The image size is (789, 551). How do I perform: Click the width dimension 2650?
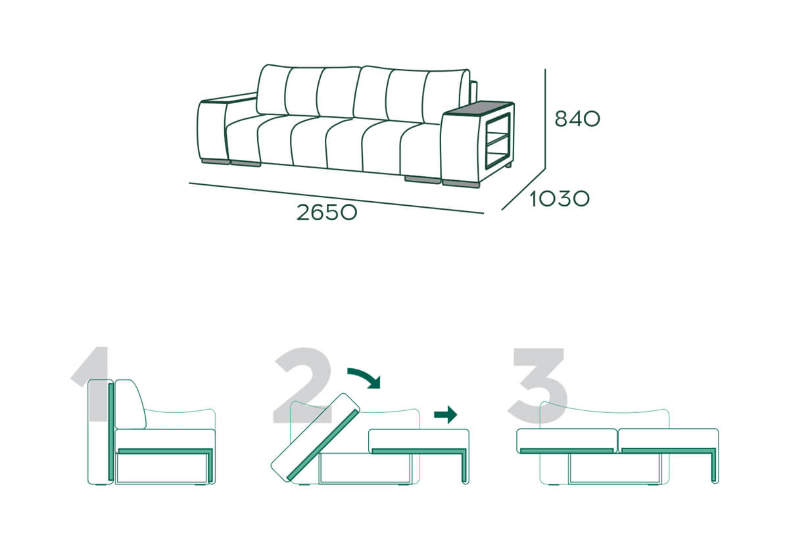327,212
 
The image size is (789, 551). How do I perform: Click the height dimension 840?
577,119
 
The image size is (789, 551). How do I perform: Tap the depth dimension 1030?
560,199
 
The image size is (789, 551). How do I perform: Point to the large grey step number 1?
92,384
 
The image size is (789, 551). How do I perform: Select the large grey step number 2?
303,385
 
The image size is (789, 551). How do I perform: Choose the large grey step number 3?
538,385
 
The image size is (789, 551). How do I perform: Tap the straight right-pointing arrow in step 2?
446,414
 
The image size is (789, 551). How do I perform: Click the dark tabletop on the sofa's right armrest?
479,108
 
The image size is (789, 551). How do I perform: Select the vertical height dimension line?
545,119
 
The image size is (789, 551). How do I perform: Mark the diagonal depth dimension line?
523,189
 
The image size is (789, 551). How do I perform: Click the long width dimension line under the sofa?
336,198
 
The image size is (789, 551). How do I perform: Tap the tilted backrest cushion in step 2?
316,437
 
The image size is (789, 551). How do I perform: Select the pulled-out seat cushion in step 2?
419,441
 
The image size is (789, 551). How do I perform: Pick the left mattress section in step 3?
567,441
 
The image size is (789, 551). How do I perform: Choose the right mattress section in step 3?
668,441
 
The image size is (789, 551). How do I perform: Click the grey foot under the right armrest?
461,183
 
